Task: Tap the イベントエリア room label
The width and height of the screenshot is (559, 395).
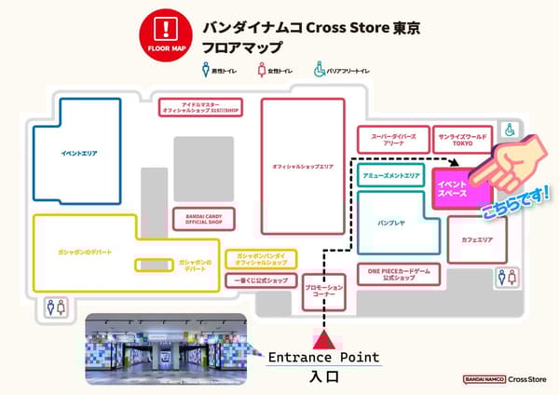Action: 79,153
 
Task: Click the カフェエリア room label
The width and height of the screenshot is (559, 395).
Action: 476,239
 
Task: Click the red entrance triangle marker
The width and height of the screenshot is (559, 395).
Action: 324,337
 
